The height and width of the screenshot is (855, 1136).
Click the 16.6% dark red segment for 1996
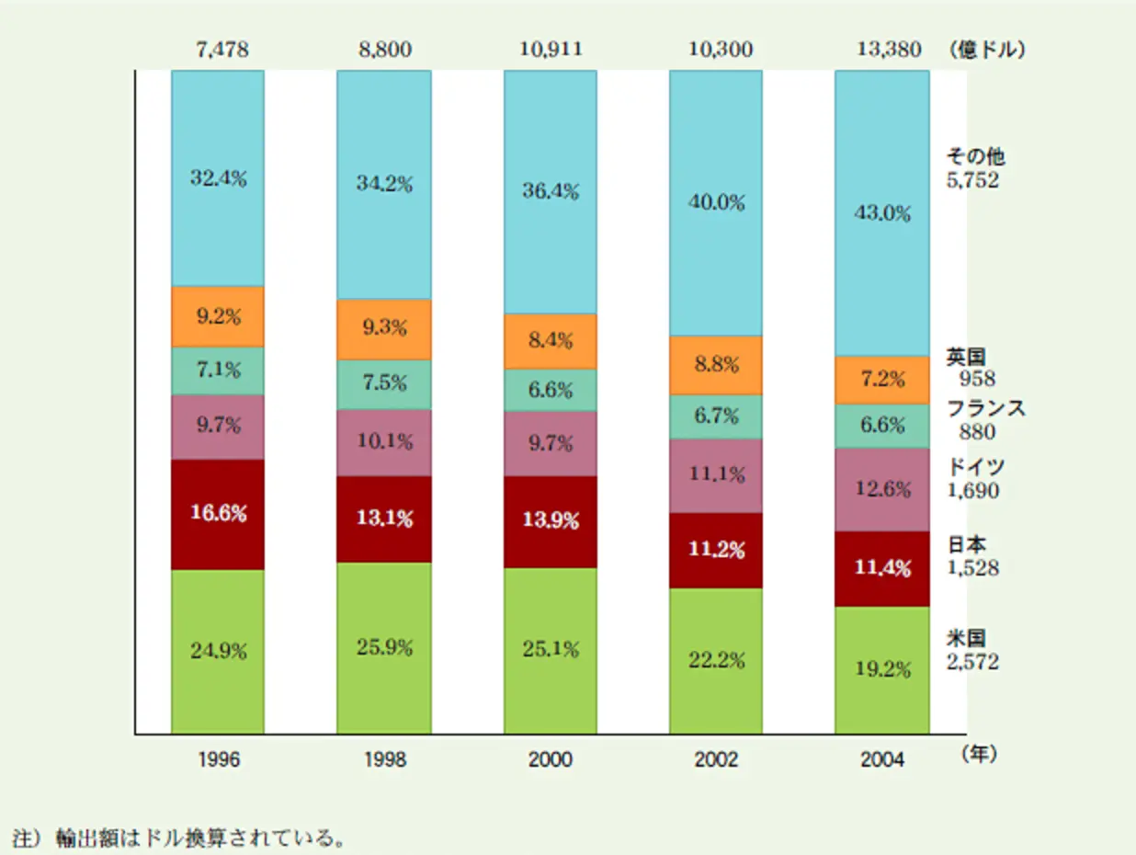tap(218, 514)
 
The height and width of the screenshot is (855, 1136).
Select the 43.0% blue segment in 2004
tap(881, 212)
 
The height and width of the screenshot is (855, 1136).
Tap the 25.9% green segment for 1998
tap(384, 647)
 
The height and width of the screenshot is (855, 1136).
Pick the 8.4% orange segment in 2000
tap(550, 340)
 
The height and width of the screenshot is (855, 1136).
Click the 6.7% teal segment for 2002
tap(716, 416)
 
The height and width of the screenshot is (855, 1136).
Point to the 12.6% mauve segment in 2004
tap(881, 489)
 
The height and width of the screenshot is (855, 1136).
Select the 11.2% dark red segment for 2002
tap(716, 550)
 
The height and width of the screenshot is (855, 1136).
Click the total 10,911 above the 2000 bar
tap(550, 50)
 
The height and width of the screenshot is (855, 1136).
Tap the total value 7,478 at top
tap(218, 50)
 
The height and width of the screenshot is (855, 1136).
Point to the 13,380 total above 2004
tap(881, 50)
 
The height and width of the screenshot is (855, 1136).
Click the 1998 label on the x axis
tap(384, 760)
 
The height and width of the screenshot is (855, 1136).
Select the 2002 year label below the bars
tap(716, 760)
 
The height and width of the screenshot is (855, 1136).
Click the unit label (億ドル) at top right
tap(986, 50)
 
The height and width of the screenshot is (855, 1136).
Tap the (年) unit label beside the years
tap(978, 754)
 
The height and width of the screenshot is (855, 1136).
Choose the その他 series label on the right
tap(975, 158)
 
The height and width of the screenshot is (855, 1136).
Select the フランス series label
tap(985, 409)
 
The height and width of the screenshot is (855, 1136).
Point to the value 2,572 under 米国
tap(972, 661)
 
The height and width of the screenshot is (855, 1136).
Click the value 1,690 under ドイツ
tap(972, 491)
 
